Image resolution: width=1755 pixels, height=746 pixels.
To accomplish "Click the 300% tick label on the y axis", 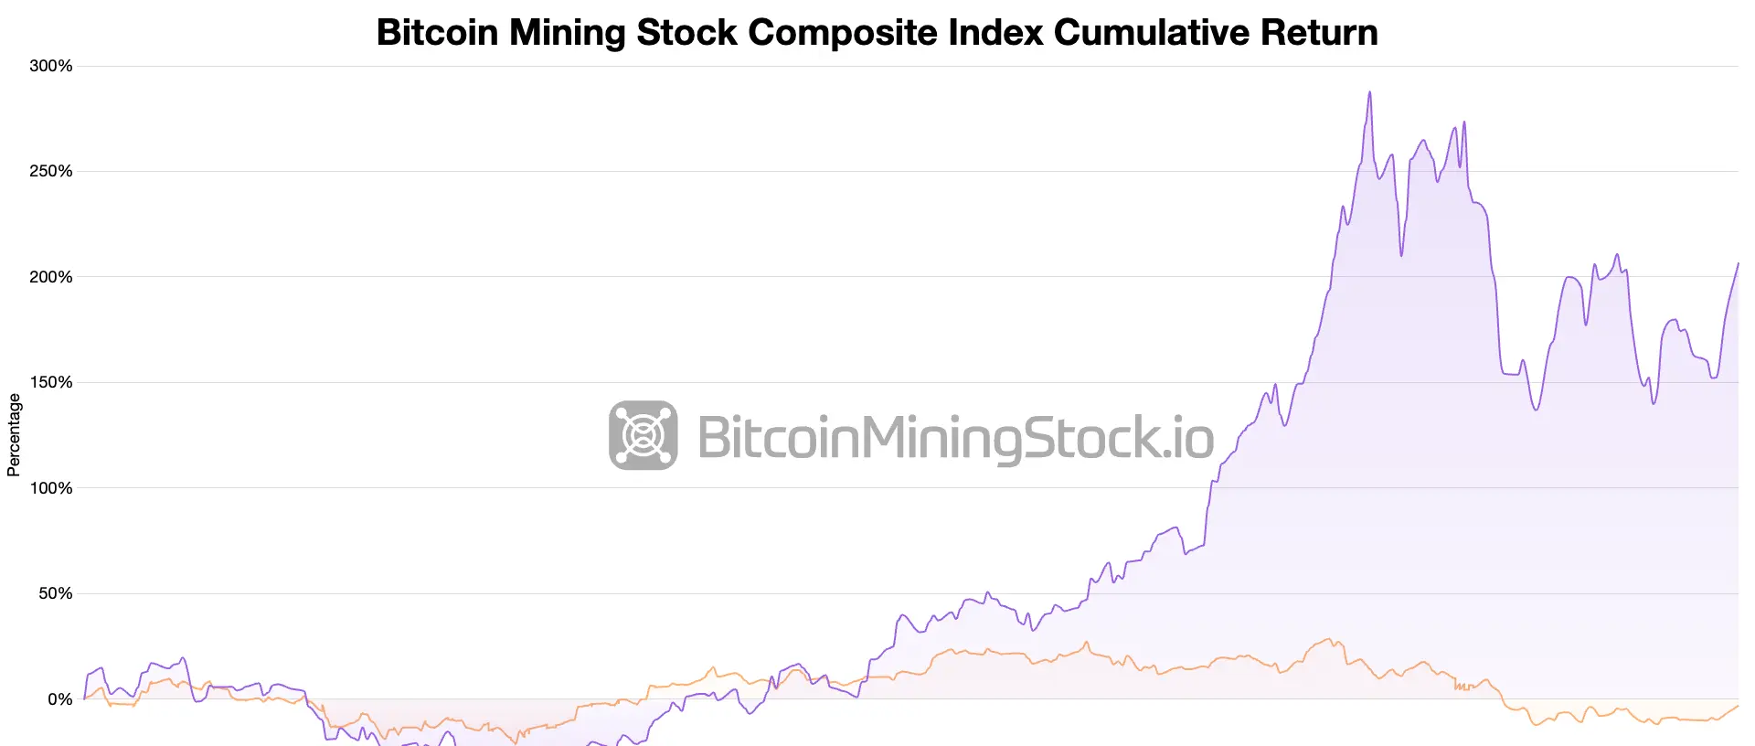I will point(51,66).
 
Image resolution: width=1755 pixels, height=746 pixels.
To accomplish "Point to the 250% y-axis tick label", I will point(51,171).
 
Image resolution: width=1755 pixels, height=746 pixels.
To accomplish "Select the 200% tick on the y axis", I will point(51,277).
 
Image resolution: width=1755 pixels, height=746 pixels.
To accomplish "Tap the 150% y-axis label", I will point(51,382).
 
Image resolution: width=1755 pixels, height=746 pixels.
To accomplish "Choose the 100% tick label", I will point(51,488).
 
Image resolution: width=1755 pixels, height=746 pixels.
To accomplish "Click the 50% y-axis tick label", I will point(55,593).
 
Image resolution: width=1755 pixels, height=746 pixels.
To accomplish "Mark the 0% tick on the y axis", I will point(59,699).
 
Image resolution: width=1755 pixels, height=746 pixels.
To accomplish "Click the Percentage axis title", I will point(14,435).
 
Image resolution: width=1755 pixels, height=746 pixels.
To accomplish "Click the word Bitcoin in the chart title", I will point(437,33).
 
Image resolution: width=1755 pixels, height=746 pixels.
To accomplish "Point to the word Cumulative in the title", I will point(1152,33).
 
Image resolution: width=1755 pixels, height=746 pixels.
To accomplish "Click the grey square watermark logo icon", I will point(643,435).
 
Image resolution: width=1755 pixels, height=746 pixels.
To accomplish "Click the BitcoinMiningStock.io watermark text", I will point(955,437).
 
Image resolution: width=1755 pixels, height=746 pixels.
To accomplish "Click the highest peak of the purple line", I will point(1369,92).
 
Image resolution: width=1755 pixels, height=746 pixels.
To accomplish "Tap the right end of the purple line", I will point(1738,263).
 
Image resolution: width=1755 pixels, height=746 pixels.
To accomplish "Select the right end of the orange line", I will point(1738,706).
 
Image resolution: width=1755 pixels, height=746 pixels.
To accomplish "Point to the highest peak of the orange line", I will point(1328,639).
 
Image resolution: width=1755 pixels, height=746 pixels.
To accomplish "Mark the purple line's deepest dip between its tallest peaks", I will point(1401,255).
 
